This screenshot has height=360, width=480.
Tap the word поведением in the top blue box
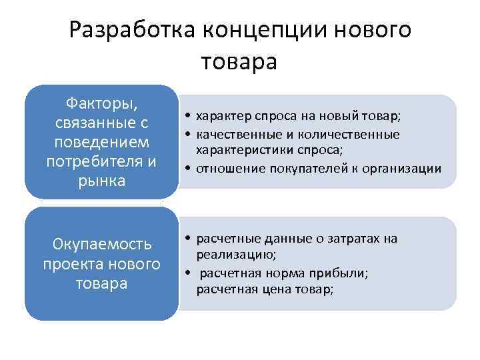(x=102, y=142)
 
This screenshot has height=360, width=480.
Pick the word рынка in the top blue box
(x=102, y=181)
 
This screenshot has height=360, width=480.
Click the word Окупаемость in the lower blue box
(x=102, y=244)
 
